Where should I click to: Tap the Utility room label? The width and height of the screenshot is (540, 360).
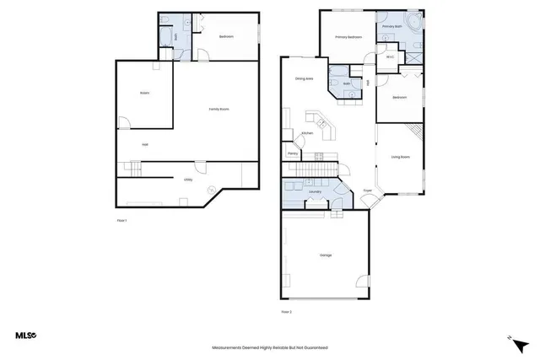(x=189, y=179)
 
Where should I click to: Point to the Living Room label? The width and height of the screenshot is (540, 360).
(x=400, y=158)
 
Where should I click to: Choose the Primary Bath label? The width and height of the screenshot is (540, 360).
(x=392, y=27)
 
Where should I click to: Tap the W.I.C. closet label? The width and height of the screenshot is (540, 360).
(x=391, y=57)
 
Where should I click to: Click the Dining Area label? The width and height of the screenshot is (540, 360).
(x=305, y=79)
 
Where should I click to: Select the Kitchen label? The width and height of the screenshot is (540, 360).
(x=308, y=133)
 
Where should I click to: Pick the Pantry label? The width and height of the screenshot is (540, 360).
(x=293, y=154)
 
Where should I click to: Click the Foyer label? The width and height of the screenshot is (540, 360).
(x=368, y=191)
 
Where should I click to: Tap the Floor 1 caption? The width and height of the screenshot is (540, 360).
(x=121, y=220)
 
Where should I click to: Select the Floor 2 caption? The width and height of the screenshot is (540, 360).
(x=286, y=312)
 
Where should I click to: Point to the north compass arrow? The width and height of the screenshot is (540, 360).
(x=517, y=343)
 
